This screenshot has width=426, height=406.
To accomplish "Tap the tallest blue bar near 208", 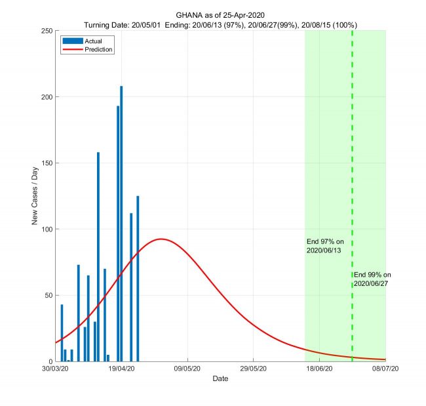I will pyautogui.click(x=121, y=223).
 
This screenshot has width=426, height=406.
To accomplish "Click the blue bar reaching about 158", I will pyautogui.click(x=98, y=256).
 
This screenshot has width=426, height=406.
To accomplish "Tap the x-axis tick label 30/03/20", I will pyautogui.click(x=56, y=369).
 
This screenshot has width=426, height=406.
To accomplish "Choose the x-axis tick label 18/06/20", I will pyautogui.click(x=319, y=369).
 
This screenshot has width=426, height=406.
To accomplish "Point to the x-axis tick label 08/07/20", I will pyautogui.click(x=385, y=369).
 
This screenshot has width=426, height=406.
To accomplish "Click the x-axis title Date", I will pyautogui.click(x=220, y=379).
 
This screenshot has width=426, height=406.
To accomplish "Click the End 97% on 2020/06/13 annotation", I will pyautogui.click(x=324, y=246).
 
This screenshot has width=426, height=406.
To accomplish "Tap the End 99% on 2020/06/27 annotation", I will pyautogui.click(x=372, y=279).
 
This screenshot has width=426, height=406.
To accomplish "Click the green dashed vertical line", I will pyautogui.click(x=352, y=164).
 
